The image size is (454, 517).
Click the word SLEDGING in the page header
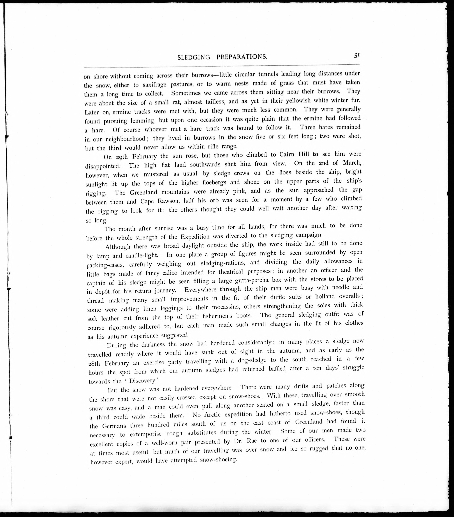coord(194,57)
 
